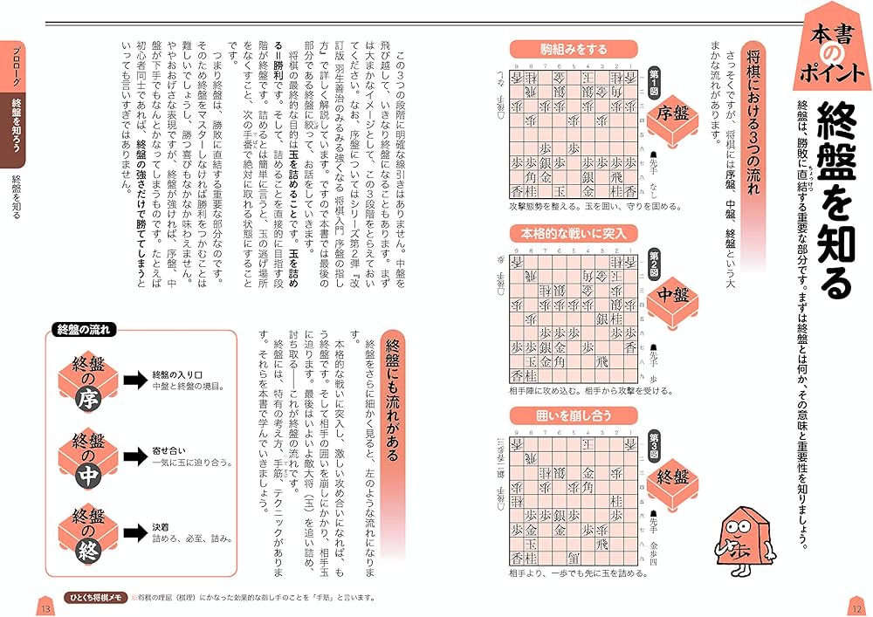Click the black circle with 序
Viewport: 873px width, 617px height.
pyautogui.click(x=90, y=400)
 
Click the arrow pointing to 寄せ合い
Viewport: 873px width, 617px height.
pyautogui.click(x=134, y=453)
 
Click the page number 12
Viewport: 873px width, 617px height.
pyautogui.click(x=856, y=607)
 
